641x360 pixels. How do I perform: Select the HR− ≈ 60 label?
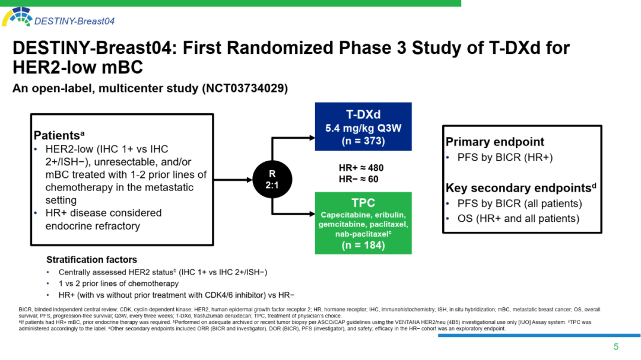point(358,179)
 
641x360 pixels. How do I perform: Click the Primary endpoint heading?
point(494,142)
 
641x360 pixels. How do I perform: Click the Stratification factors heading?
point(92,259)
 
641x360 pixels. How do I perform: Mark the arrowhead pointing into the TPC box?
point(312,214)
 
